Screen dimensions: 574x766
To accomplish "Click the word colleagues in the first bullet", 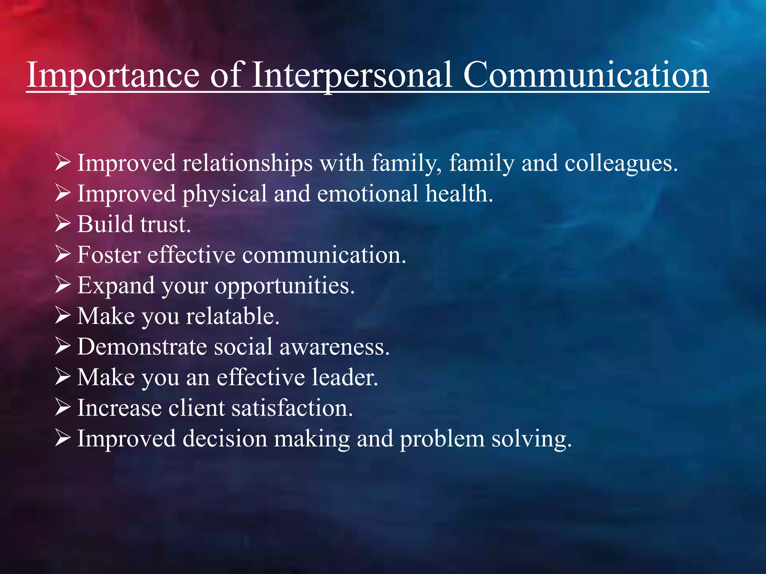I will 621,164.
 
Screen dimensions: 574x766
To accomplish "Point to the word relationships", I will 247,164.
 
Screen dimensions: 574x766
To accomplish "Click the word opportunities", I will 284,286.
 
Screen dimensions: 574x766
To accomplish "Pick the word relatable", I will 233,317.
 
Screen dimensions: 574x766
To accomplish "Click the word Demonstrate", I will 142,347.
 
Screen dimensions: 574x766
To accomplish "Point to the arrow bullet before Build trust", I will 62,223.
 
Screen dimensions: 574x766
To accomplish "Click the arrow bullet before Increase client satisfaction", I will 62,407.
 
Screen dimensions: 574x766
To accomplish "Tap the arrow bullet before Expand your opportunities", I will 62,285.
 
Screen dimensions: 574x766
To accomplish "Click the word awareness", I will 334,347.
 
